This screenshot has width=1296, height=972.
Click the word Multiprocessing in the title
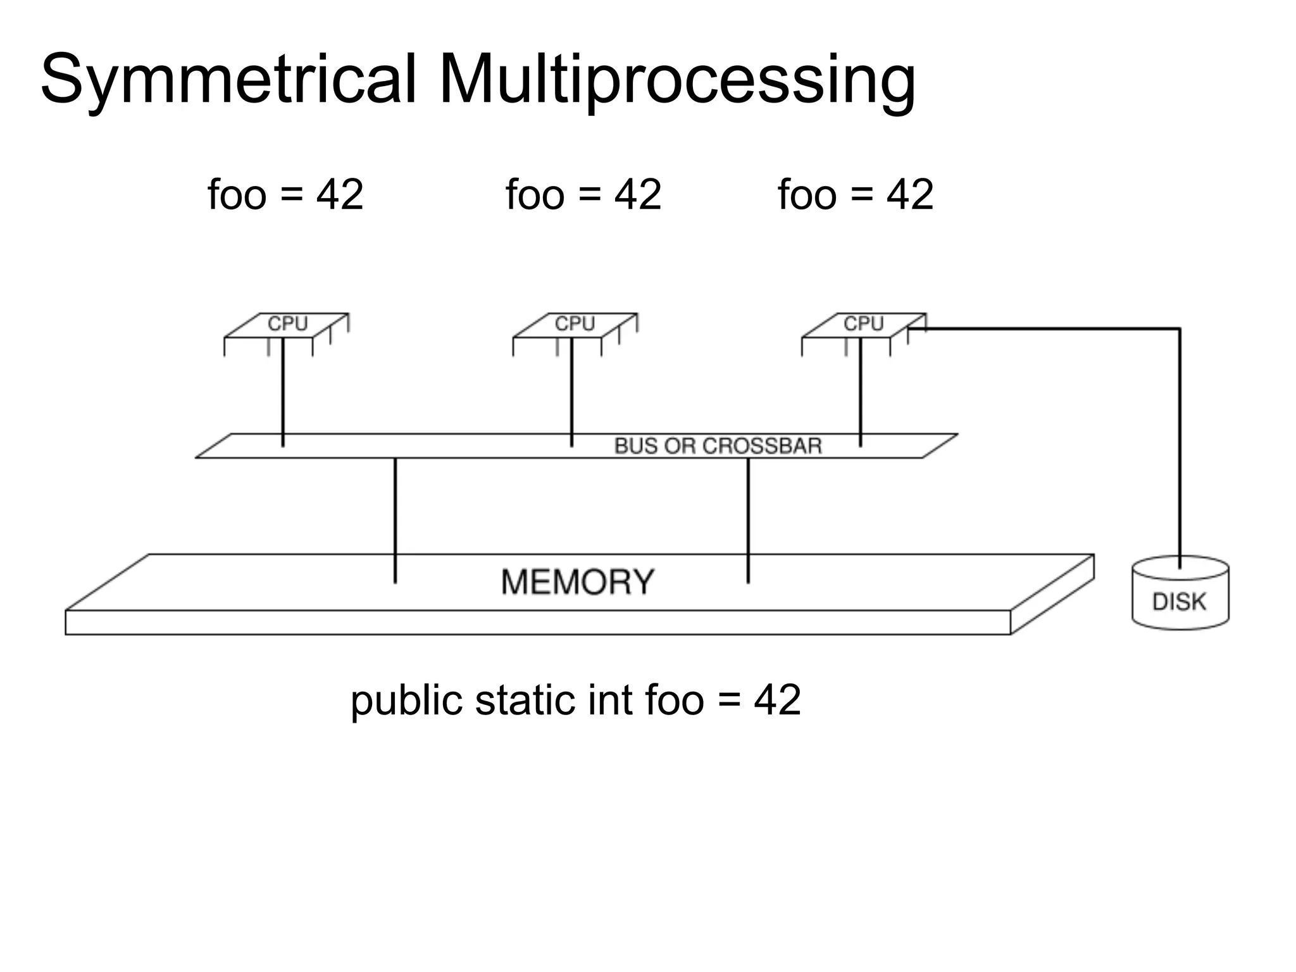coord(676,81)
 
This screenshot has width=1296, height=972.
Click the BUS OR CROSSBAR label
coord(718,446)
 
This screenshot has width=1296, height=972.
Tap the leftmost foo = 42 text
coord(285,194)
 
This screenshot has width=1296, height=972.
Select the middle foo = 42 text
coord(583,194)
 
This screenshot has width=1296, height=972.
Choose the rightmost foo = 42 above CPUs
coord(856,194)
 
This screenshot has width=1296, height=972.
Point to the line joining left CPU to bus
coord(283,392)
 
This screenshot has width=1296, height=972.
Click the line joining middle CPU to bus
coord(571,392)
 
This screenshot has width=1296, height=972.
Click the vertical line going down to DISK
coord(1180,443)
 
